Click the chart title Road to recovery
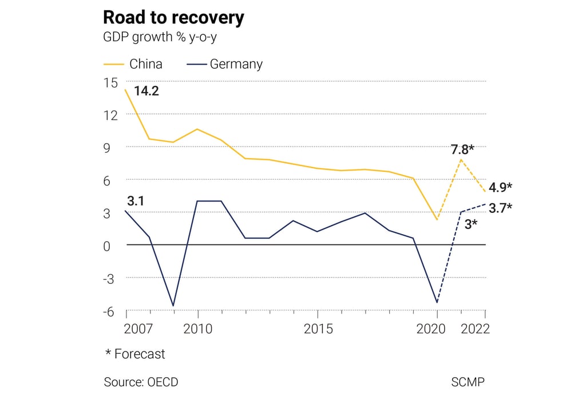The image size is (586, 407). [173, 18]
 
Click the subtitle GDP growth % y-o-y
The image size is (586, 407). [160, 37]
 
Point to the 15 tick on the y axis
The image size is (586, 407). [110, 82]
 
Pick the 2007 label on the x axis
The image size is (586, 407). [138, 329]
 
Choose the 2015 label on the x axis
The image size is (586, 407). [318, 329]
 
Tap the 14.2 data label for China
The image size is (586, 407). [146, 90]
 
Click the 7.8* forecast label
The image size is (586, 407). [463, 150]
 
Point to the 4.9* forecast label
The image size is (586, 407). [500, 187]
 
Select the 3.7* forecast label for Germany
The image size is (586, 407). [500, 208]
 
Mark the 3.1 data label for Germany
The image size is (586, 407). [135, 201]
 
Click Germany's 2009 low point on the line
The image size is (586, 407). [173, 306]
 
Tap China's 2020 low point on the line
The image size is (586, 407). [437, 219]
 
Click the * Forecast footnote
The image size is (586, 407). [135, 354]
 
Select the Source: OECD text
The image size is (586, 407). [141, 382]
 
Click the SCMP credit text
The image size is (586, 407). [468, 382]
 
